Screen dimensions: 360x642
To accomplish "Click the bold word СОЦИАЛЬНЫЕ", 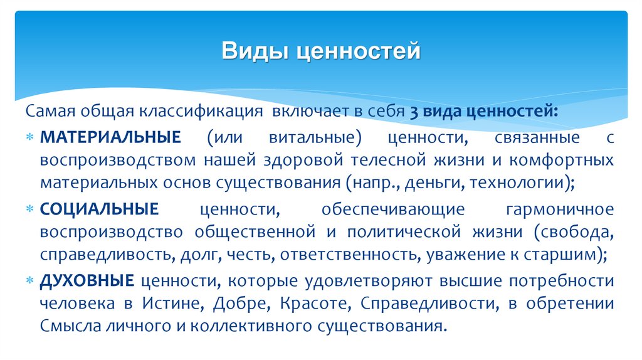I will tap(99, 208).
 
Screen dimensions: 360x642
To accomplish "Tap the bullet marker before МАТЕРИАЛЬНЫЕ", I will tap(31, 137).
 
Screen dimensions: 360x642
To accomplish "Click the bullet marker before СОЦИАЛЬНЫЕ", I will tap(31, 208).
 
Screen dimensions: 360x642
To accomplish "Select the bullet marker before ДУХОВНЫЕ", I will tap(31, 280).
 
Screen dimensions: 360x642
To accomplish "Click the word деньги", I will tap(429, 184).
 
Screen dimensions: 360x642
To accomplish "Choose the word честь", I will tap(254, 255).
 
